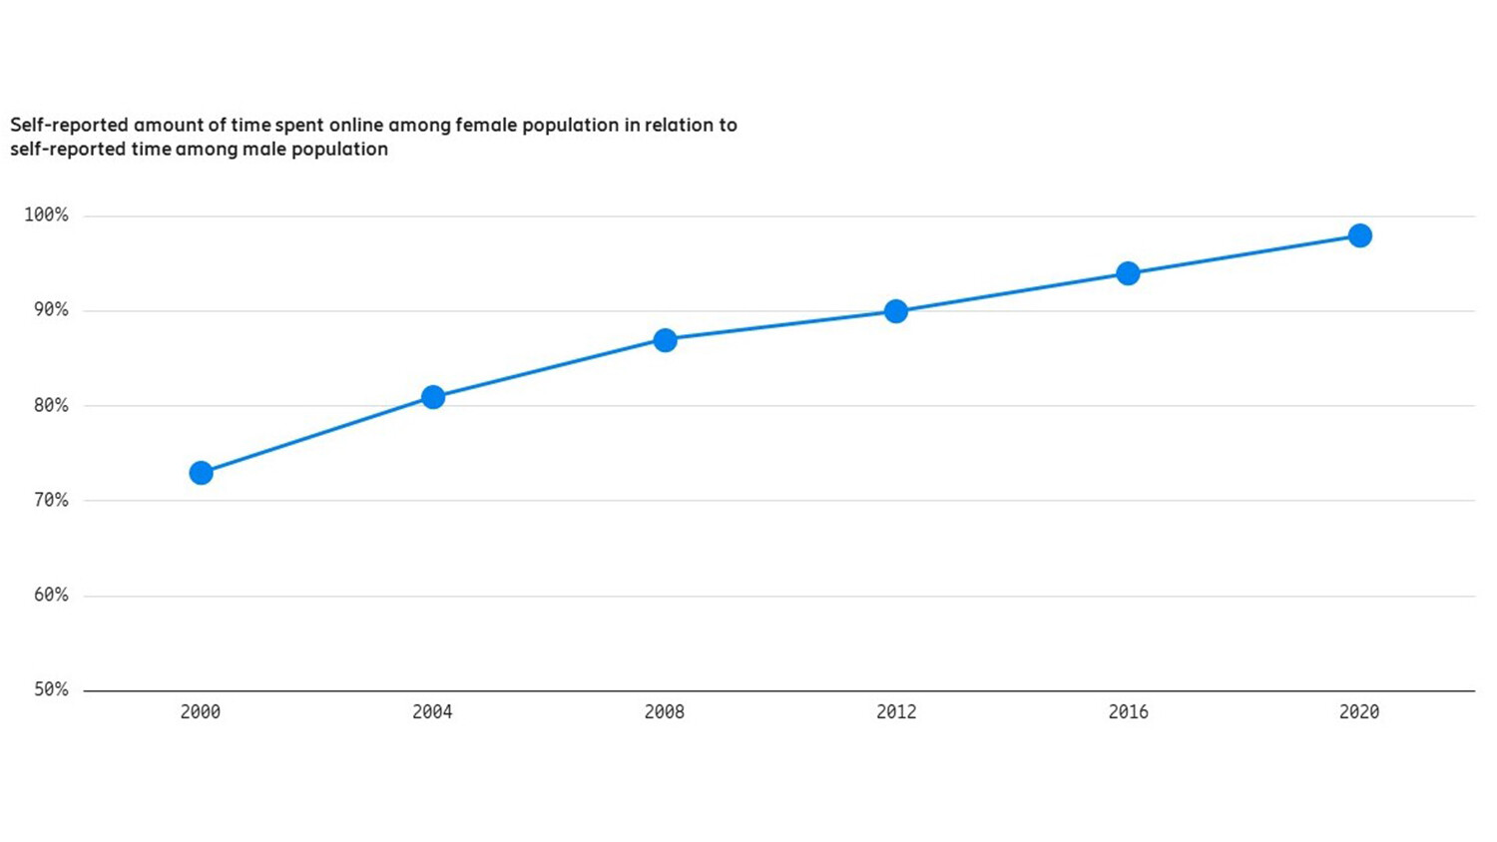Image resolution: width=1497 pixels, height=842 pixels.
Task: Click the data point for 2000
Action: (201, 473)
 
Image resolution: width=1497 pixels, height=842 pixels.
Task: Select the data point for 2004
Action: (433, 397)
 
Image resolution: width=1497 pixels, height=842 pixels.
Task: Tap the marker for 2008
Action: (665, 340)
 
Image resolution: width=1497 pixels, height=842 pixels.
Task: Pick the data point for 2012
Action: (896, 311)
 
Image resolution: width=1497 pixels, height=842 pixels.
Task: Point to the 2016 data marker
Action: (1128, 273)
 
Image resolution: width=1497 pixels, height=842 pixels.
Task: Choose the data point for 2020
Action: (1359, 235)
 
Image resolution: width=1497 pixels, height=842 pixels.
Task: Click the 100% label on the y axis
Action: (46, 215)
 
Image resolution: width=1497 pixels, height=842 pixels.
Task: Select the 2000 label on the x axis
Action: (201, 712)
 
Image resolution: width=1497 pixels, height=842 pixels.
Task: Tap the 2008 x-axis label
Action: (665, 712)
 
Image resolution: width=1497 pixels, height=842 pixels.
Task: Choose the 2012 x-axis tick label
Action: (896, 712)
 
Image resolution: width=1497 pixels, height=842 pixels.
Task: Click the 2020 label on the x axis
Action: (1359, 712)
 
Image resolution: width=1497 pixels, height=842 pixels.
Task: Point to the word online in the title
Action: (355, 126)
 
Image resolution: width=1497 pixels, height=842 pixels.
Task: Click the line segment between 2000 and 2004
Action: (316, 435)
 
